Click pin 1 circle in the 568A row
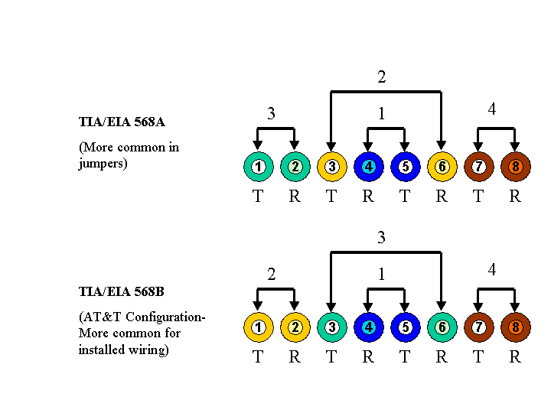pos(258,167)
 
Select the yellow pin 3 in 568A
pos(331,167)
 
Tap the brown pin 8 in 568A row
pos(515,167)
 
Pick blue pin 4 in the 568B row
pos(368,327)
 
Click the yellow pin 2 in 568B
pos(295,327)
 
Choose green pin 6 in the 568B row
pos(442,327)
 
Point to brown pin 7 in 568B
pos(478,327)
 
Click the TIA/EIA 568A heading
pos(122,122)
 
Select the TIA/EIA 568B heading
pos(122,291)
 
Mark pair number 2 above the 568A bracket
pos(381,76)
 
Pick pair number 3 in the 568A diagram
pos(271,114)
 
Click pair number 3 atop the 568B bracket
pos(381,238)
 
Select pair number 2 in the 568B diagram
pos(271,275)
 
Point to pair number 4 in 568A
pos(492,109)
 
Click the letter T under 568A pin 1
pos(258,197)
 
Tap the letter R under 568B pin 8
pos(515,357)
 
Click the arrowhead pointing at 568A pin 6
pos(442,145)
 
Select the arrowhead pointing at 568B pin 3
pos(331,306)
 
